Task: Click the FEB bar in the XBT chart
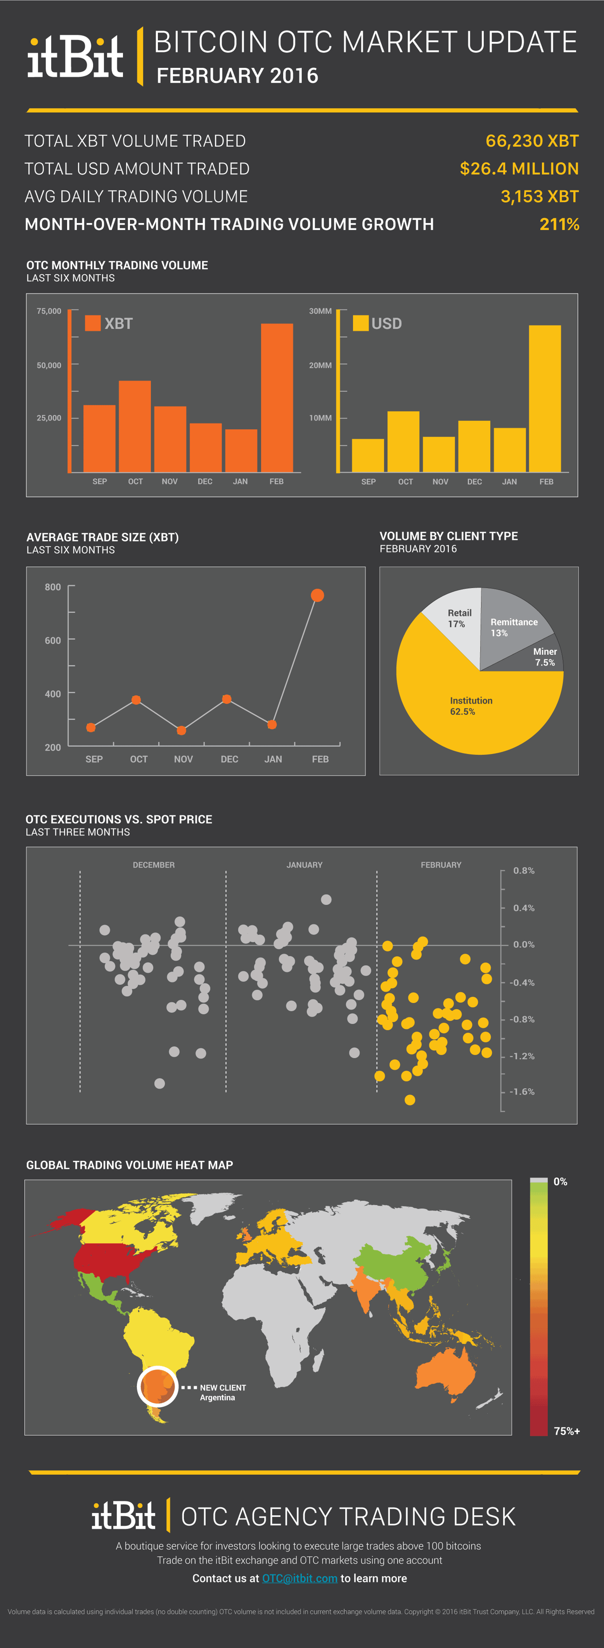click(x=277, y=397)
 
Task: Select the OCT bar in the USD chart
click(x=403, y=441)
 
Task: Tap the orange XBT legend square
click(x=93, y=323)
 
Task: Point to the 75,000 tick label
click(x=48, y=311)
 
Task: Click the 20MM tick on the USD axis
click(x=320, y=365)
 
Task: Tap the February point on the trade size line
click(x=317, y=596)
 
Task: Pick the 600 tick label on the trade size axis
click(x=53, y=640)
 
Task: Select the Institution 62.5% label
click(x=471, y=705)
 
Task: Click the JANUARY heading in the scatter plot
click(x=304, y=865)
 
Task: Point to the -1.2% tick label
click(x=522, y=1056)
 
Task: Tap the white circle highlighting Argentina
click(x=157, y=1386)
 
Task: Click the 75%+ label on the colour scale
click(x=566, y=1431)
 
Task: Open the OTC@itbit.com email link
click(x=299, y=1578)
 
